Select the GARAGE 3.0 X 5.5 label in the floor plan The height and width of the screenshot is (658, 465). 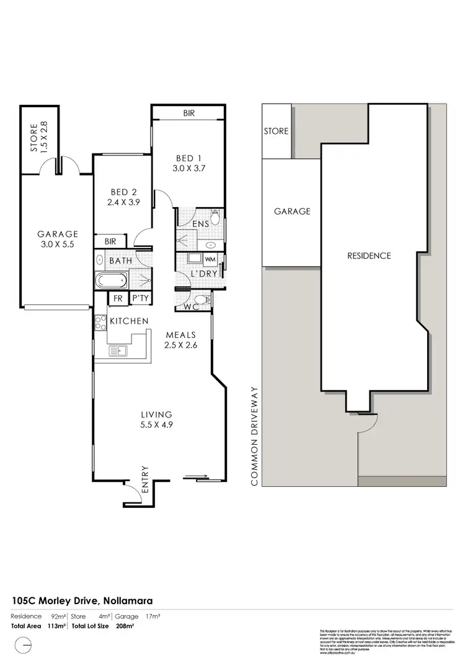[x=57, y=239]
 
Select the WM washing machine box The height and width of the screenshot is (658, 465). [x=210, y=259]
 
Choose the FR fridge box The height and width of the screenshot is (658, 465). [x=117, y=299]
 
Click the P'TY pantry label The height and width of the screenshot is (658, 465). [x=139, y=299]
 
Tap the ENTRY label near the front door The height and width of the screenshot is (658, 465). [x=146, y=479]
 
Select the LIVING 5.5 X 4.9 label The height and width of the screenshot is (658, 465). [x=156, y=420]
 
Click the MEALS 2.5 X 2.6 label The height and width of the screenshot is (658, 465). [x=181, y=340]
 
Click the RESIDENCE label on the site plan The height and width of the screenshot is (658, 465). [x=369, y=256]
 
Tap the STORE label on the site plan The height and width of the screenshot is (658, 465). [x=277, y=131]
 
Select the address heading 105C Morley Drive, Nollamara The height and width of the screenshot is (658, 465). [x=82, y=600]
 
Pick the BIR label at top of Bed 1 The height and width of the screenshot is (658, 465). [x=188, y=113]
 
